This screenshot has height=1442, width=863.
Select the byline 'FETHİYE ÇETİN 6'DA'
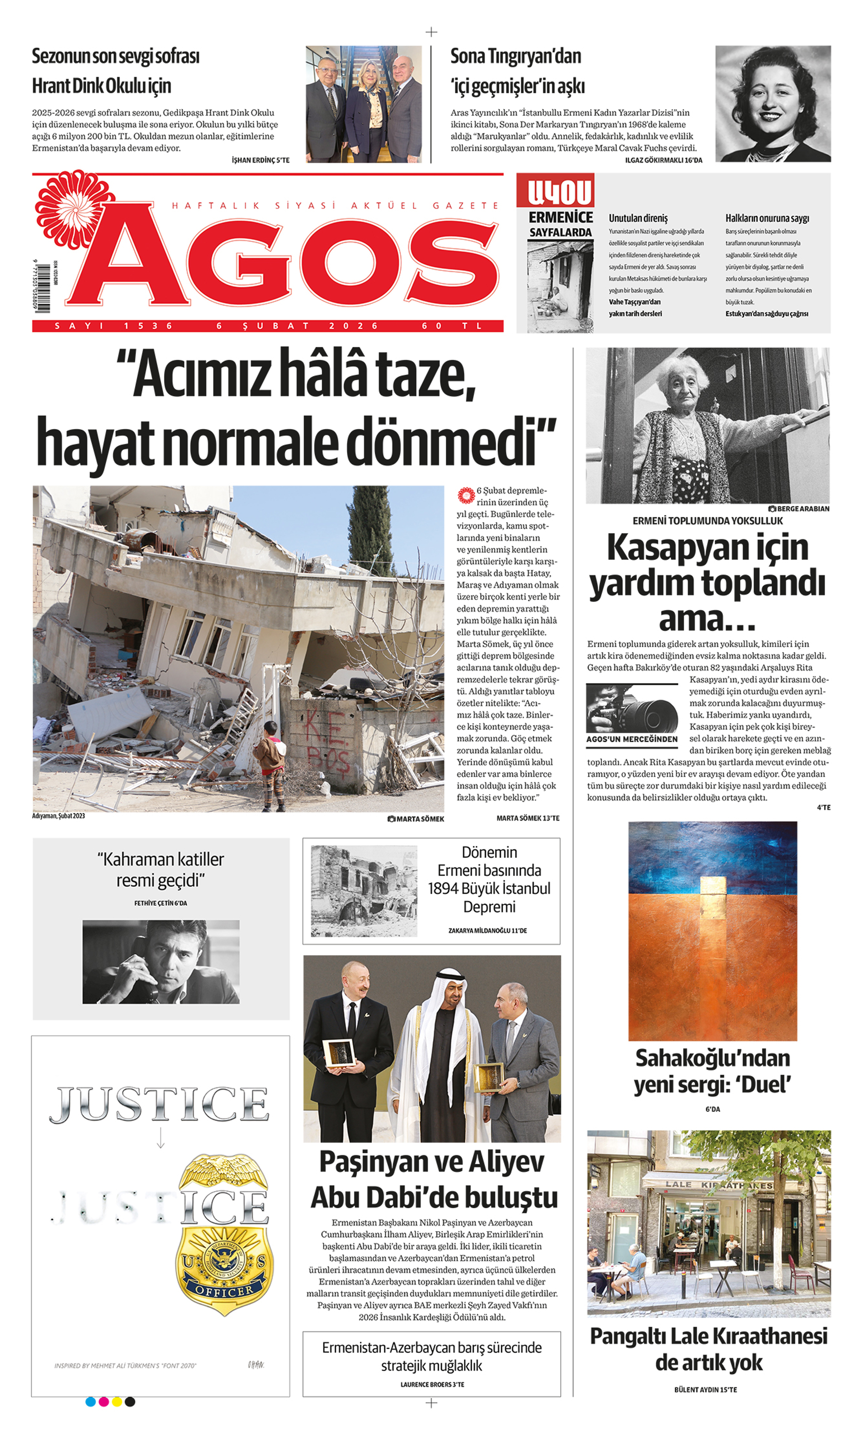pyautogui.click(x=161, y=903)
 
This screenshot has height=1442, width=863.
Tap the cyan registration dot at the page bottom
pyautogui.click(x=91, y=1402)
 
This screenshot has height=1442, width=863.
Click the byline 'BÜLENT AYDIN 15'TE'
pyautogui.click(x=705, y=1390)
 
